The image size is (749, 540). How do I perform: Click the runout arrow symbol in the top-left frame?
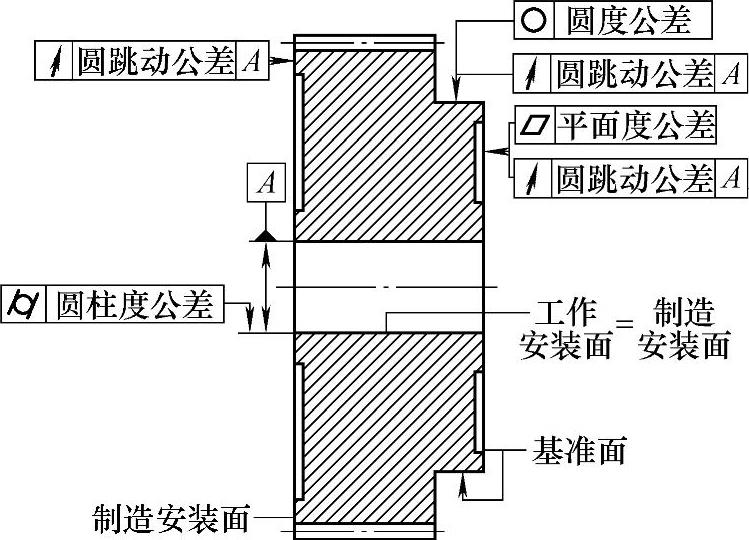click(x=52, y=62)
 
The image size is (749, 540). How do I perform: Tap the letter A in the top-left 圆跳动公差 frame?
click(x=252, y=62)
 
